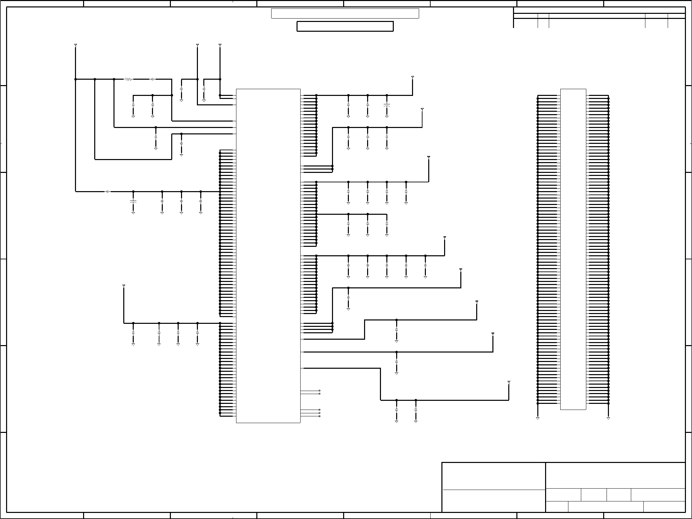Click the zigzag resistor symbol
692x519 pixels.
pyautogui.click(x=128, y=79)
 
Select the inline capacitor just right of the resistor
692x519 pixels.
pyautogui.click(x=152, y=79)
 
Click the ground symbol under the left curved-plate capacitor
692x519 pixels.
pyautogui.click(x=133, y=213)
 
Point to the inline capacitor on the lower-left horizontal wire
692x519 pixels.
pyautogui.click(x=107, y=191)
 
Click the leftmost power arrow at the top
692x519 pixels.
pyautogui.click(x=75, y=45)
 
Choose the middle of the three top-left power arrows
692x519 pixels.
pyautogui.click(x=198, y=45)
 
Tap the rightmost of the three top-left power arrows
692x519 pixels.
pyautogui.click(x=220, y=45)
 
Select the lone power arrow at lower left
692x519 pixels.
pyautogui.click(x=124, y=286)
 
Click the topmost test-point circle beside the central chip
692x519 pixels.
pyautogui.click(x=319, y=391)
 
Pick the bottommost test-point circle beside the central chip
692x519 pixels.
pyautogui.click(x=319, y=416)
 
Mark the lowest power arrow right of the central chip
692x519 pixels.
pyautogui.click(x=509, y=382)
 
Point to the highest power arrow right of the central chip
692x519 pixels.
pyautogui.click(x=412, y=77)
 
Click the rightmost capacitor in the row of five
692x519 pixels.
pyautogui.click(x=425, y=266)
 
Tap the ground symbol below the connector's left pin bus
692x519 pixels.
pyautogui.click(x=538, y=418)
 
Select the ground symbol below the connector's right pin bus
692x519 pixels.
pyautogui.click(x=608, y=418)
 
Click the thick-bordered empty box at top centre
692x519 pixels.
pyautogui.click(x=345, y=26)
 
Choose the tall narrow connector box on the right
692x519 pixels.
pyautogui.click(x=573, y=249)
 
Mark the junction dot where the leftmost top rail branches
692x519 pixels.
pyautogui.click(x=75, y=79)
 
